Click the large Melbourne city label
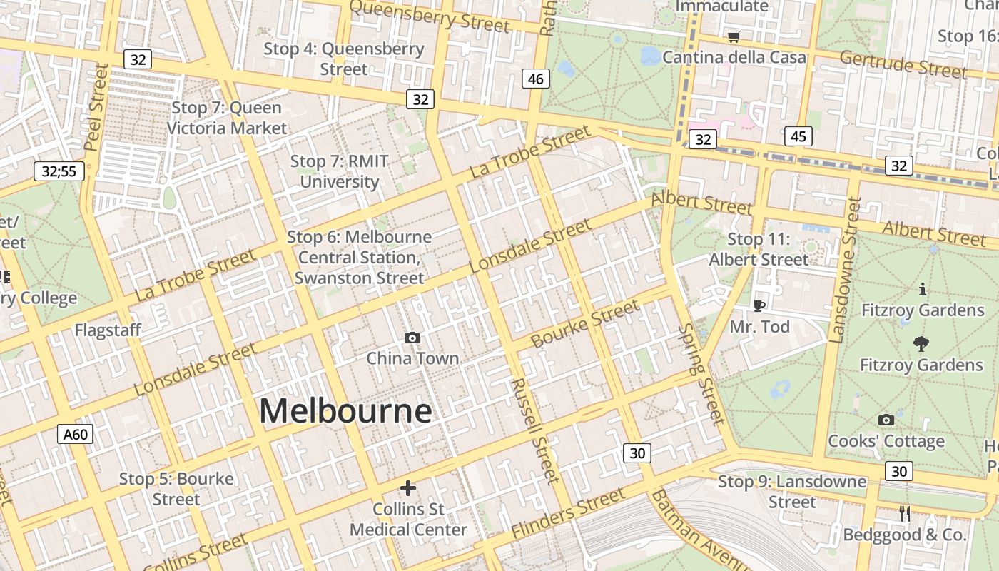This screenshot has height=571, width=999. pyautogui.click(x=345, y=411)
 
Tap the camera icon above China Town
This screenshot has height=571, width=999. pyautogui.click(x=412, y=338)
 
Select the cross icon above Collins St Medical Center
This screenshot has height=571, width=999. pyautogui.click(x=408, y=488)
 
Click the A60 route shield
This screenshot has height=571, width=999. pyautogui.click(x=75, y=434)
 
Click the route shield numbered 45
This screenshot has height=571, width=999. pyautogui.click(x=798, y=136)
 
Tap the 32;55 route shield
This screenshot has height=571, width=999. pyautogui.click(x=59, y=171)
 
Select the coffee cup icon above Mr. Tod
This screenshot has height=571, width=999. pyautogui.click(x=759, y=305)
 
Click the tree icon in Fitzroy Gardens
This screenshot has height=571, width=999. pyautogui.click(x=921, y=344)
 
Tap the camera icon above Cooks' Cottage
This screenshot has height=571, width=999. pyautogui.click(x=886, y=420)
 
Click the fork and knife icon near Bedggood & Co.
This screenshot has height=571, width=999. pyautogui.click(x=905, y=513)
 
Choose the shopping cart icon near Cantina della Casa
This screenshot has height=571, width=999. pyautogui.click(x=734, y=36)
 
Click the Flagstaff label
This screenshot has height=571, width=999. pyautogui.click(x=108, y=330)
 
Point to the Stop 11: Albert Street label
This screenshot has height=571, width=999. pyautogui.click(x=759, y=249)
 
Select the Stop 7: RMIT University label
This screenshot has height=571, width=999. pyautogui.click(x=339, y=171)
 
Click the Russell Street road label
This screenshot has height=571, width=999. pyautogui.click(x=532, y=430)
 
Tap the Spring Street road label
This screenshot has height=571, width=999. pyautogui.click(x=701, y=373)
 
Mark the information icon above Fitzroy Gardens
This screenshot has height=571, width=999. pyautogui.click(x=923, y=289)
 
